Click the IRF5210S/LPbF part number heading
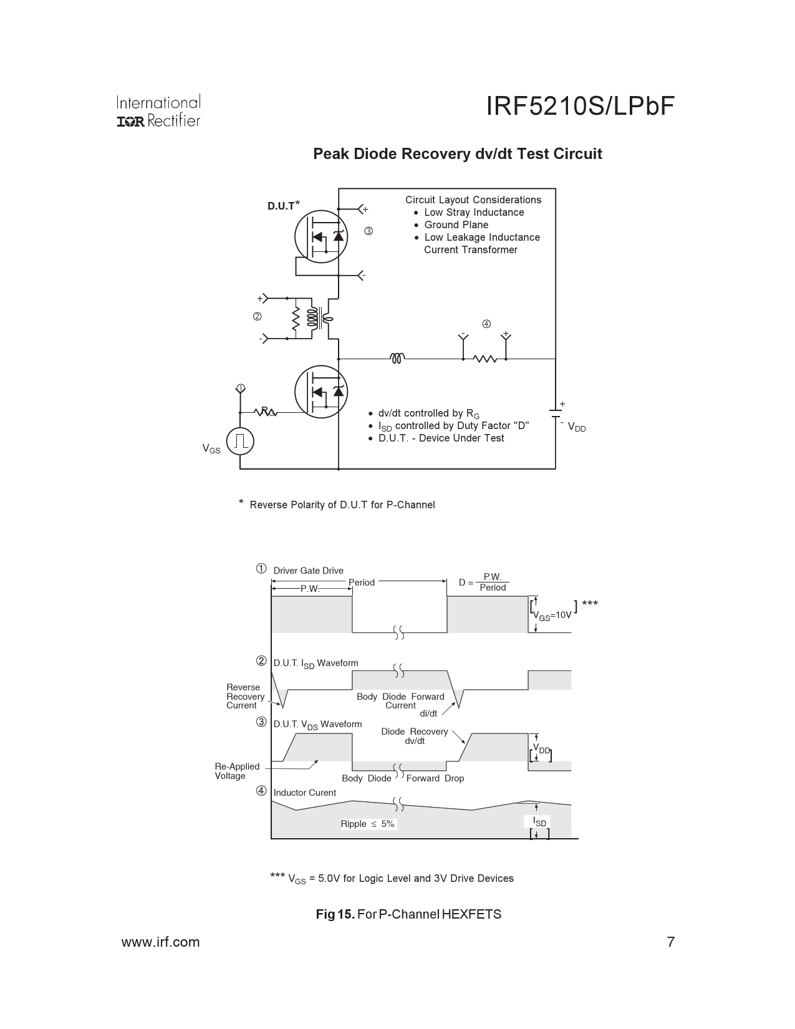point(580,107)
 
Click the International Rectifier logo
point(158,111)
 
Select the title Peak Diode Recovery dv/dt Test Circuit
point(457,154)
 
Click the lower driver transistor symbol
point(320,392)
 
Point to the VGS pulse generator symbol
point(240,442)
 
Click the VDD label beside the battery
point(577,428)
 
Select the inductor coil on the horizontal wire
point(397,358)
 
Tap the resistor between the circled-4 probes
point(484,359)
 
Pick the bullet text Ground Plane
point(456,225)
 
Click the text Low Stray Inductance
point(474,213)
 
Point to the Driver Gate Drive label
point(308,571)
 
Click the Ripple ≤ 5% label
point(367,824)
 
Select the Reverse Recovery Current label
point(245,697)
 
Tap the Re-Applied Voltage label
point(236,771)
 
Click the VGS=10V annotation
point(552,615)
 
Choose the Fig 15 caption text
point(408,914)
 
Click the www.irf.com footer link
point(160,942)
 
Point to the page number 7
point(671,942)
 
